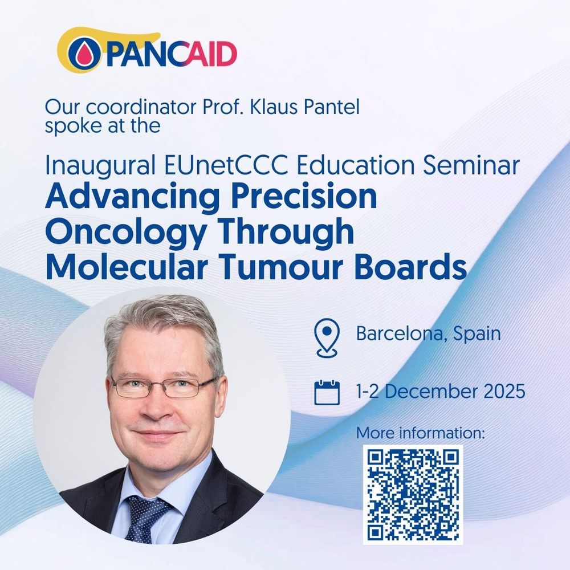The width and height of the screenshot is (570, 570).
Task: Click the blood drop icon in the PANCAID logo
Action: click(84, 55)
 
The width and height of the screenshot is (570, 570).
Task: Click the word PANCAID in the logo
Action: click(172, 54)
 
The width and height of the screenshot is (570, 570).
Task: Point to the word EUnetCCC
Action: click(227, 165)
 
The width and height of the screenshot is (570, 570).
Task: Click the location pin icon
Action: click(327, 337)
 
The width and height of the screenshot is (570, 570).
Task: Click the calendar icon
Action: click(327, 392)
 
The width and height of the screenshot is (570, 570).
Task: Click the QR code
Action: click(413, 495)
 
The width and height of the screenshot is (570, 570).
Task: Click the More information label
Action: click(420, 433)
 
